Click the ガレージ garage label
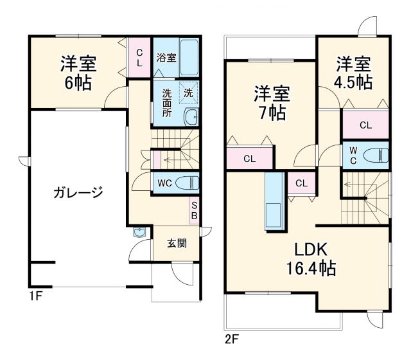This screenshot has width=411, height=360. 78,192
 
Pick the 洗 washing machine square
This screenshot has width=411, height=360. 188,93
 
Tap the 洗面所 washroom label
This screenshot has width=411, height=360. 166,102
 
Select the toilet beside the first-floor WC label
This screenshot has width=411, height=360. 187,183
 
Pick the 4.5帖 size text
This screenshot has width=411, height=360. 353,82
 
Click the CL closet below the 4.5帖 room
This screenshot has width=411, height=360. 365,125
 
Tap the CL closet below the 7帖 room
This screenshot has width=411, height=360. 250,158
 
